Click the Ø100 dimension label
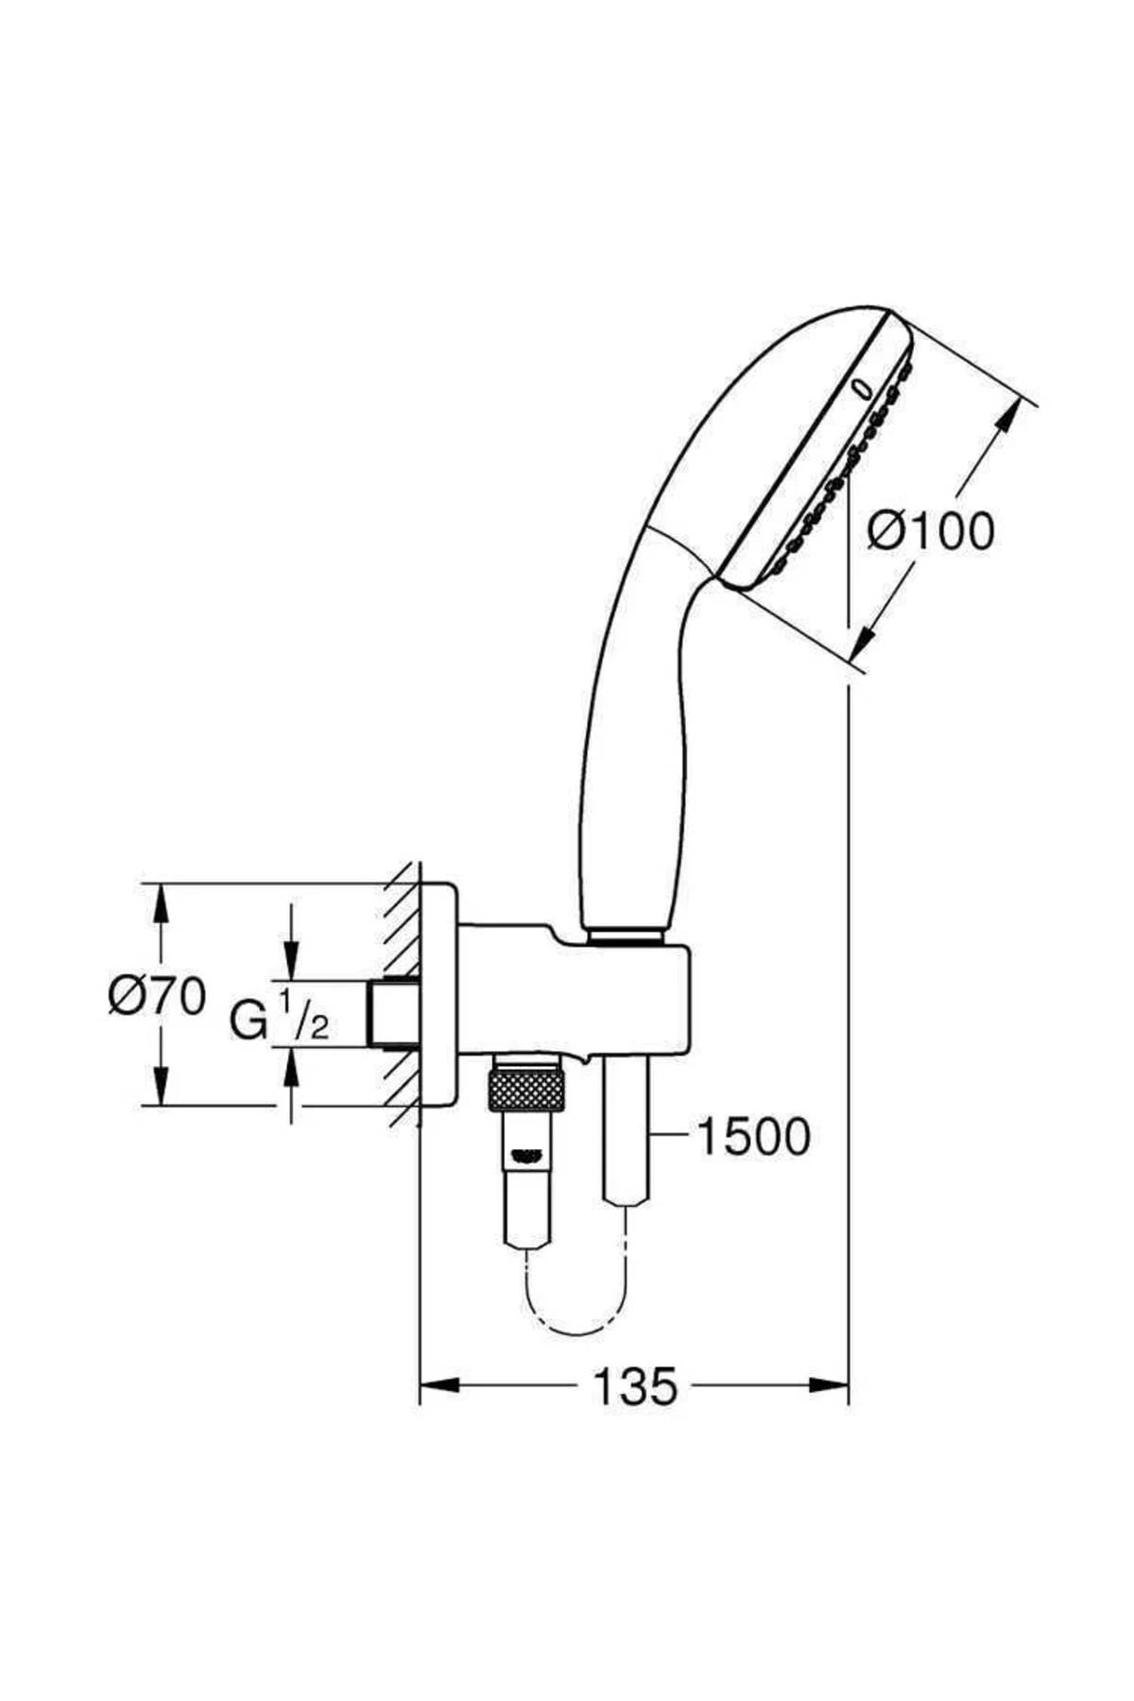click(x=931, y=531)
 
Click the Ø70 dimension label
click(x=156, y=996)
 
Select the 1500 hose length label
click(x=753, y=1136)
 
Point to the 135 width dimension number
click(x=635, y=1386)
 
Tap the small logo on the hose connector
click(x=525, y=1153)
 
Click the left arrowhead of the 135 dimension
click(x=437, y=1386)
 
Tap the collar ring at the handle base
click(x=624, y=936)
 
